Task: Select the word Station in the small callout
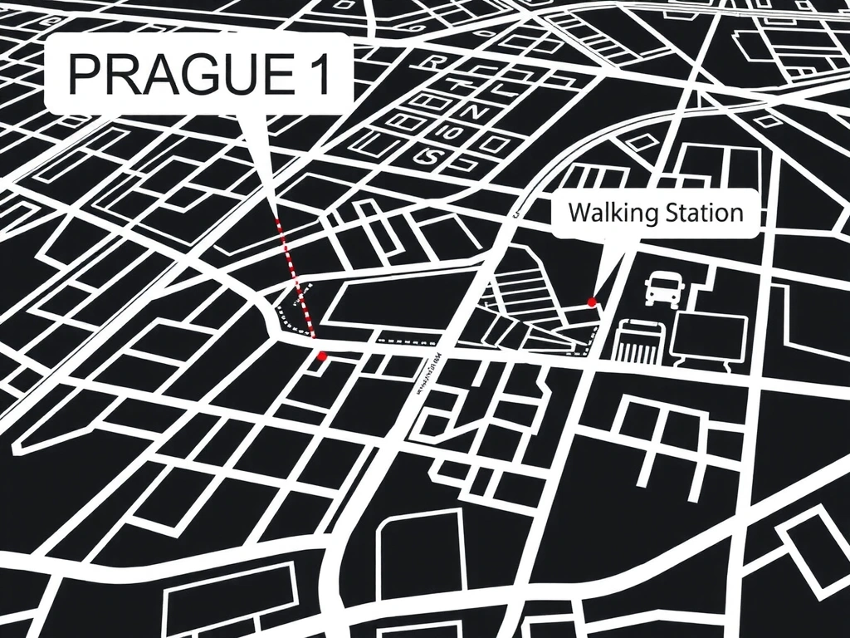coord(703,213)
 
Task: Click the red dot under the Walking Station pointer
coord(592,302)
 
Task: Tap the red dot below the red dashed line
coord(322,356)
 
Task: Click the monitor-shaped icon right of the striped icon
coord(709,339)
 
